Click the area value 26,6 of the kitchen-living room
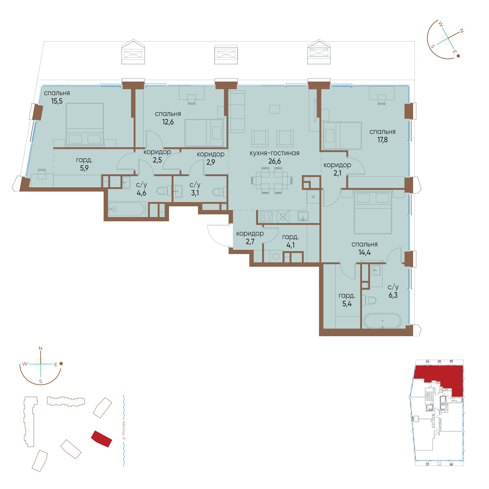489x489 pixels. tap(274, 161)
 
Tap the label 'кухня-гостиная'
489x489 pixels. tap(274, 153)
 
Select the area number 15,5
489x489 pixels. tap(57, 101)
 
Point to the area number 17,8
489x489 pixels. tap(382, 140)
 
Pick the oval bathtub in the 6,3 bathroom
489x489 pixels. tap(382, 321)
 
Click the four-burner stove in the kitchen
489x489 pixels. tap(266, 217)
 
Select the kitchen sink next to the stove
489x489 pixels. tap(303, 216)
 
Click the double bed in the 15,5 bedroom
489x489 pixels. tap(85, 124)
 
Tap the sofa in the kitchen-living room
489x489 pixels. tap(237, 111)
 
